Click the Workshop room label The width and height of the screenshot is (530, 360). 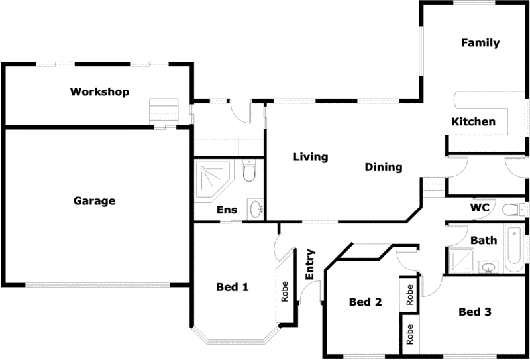click(99, 91)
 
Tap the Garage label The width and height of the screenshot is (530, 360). click(94, 200)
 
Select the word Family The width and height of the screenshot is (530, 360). click(480, 43)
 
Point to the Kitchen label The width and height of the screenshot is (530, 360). click(473, 121)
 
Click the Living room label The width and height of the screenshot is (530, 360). click(311, 157)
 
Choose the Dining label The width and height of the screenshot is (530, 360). click(384, 167)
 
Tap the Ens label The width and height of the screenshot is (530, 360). click(227, 210)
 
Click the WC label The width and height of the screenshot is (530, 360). click(480, 208)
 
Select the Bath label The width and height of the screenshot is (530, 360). click(484, 240)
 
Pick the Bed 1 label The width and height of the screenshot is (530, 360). click(233, 287)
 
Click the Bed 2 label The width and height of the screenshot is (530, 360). click(365, 302)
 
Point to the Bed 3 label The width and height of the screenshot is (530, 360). click(474, 312)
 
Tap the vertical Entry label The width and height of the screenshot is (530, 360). click(309, 264)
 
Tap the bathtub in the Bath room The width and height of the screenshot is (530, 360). click(513, 249)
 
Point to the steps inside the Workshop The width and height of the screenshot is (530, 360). click(164, 111)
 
